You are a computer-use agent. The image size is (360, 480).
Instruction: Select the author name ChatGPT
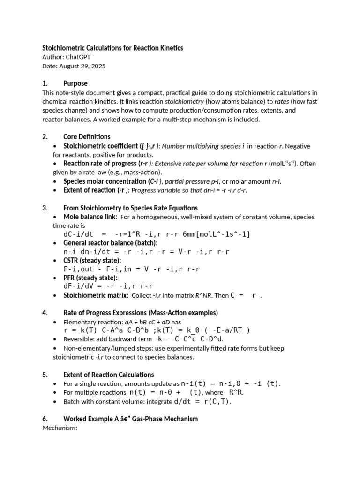pos(78,57)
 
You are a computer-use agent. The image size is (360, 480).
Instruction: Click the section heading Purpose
pos(75,83)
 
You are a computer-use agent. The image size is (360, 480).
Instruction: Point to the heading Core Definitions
pos(87,137)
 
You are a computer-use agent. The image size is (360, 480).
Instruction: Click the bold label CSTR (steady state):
pos(92,260)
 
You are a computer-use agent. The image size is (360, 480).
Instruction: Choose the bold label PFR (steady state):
pos(90,277)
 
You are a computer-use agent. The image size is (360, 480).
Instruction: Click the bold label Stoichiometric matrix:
pos(96,295)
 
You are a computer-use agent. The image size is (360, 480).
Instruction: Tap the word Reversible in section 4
pos(80,339)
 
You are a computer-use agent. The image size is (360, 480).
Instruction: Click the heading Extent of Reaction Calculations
pos(109,375)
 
